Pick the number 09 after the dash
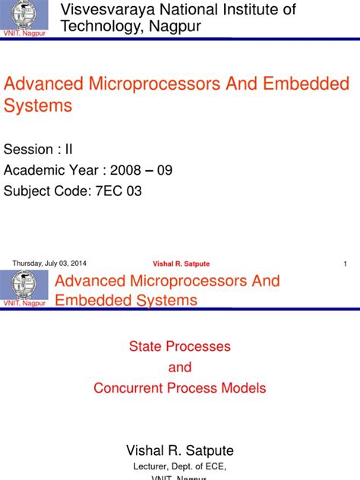[x=164, y=170]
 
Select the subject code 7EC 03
[x=118, y=191]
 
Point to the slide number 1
[x=345, y=264]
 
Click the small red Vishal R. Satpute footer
[x=181, y=264]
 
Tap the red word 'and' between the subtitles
[x=180, y=368]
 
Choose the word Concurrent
[x=128, y=388]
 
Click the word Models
[x=244, y=388]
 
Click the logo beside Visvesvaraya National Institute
[x=24, y=17]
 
